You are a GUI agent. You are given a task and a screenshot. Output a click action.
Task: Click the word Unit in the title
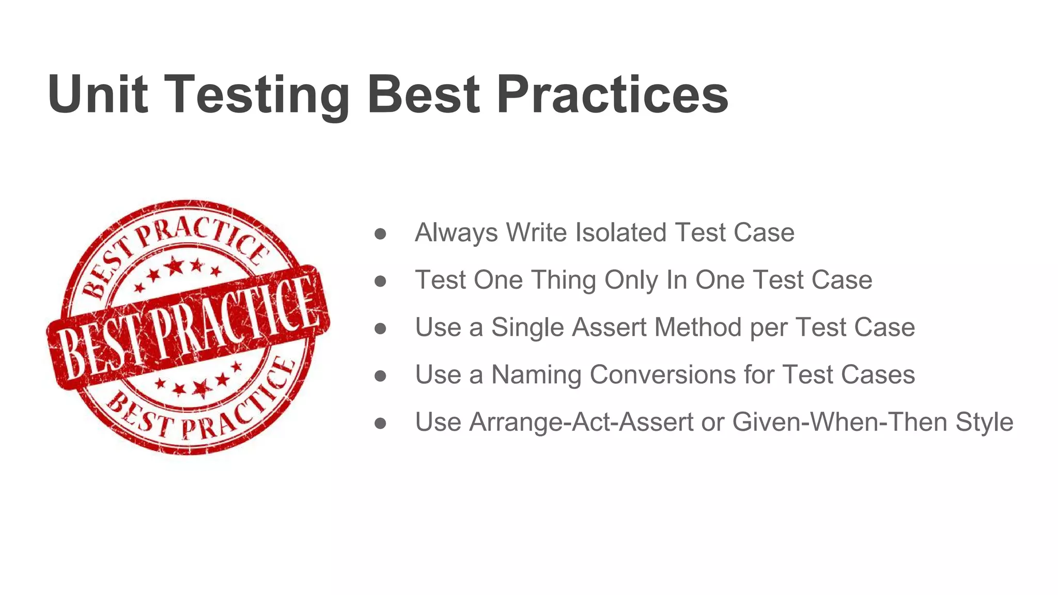(x=98, y=94)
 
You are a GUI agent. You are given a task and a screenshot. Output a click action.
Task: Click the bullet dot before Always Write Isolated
(x=380, y=233)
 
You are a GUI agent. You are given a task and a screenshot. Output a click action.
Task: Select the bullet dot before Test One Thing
(x=380, y=281)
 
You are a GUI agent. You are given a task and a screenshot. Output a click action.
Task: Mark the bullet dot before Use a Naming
(x=380, y=376)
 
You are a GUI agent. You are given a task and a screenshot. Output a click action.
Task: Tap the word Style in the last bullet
(x=984, y=422)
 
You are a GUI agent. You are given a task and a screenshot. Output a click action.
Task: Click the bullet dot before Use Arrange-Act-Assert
(x=380, y=424)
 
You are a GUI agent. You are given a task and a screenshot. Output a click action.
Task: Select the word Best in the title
(x=424, y=94)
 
